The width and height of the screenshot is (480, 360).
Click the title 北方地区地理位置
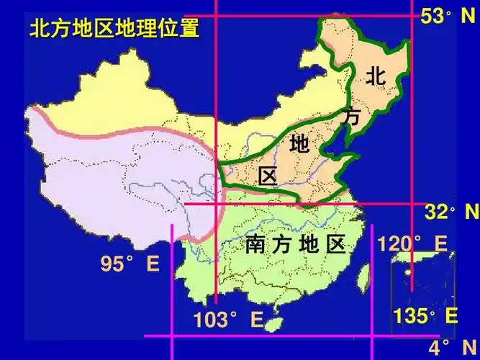[113, 30]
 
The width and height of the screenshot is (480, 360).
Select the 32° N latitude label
[450, 212]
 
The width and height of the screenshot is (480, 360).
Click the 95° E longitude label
[130, 264]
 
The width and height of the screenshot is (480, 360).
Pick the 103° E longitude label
[227, 320]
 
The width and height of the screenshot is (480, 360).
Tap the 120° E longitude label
[412, 243]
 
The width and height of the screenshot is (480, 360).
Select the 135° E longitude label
[425, 315]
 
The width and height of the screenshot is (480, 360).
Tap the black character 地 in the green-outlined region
[299, 144]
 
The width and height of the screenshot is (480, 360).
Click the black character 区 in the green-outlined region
[268, 175]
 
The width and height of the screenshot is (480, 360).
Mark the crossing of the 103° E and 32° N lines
[217, 204]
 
